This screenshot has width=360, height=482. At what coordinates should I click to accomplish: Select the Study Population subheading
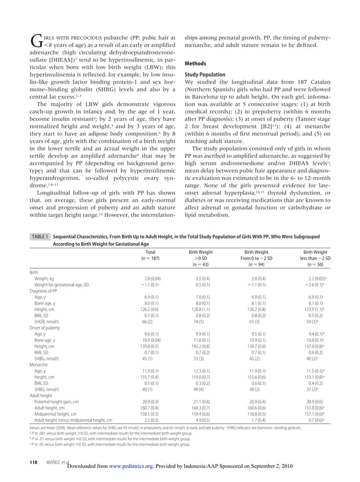(x=206, y=75)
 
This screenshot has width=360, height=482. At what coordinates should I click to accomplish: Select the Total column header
(x=151, y=252)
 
